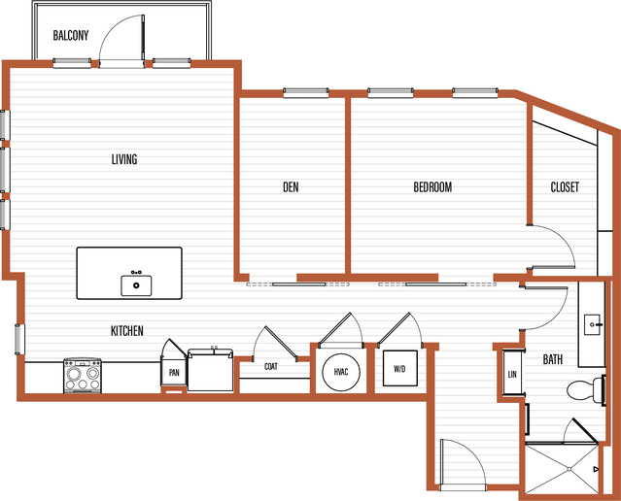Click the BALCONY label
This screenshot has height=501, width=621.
coord(71,35)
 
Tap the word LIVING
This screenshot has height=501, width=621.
coord(124,159)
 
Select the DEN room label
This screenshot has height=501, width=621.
coord(291,186)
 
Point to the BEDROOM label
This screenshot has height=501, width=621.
coord(432,186)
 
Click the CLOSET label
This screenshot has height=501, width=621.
coord(565,186)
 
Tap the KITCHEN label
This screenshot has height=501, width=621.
coord(126,330)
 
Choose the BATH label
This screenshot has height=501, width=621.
coord(552,359)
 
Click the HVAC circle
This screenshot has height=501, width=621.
coord(341,373)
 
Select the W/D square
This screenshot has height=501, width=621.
coord(399,368)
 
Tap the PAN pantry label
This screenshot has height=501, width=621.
coord(174,373)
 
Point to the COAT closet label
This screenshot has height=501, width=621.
coord(271,366)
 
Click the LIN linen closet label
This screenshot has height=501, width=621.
coord(512,374)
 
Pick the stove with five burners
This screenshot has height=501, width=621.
coord(83,376)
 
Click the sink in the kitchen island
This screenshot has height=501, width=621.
coord(136,284)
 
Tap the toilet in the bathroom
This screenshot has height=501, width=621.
coord(584,389)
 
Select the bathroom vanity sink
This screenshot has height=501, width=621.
coord(593,324)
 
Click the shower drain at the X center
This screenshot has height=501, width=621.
coord(569,469)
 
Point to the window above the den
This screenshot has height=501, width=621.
coord(306,92)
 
